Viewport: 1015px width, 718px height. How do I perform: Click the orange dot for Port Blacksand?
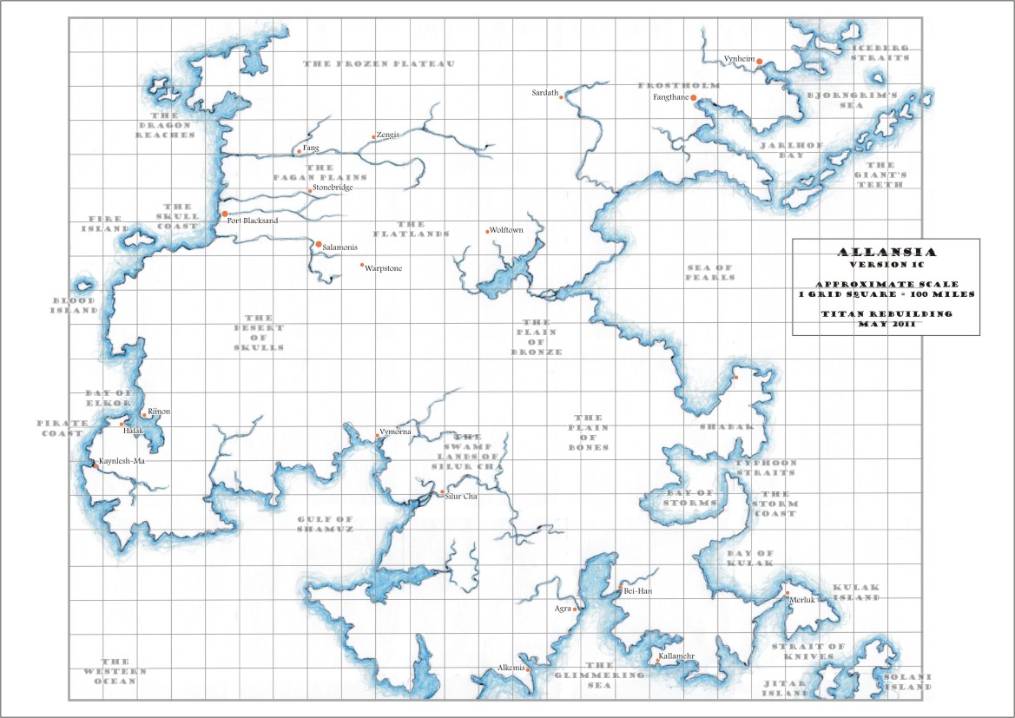point(225,213)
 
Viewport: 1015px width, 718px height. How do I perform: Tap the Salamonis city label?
point(340,248)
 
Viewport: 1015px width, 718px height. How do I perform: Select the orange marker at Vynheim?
point(759,62)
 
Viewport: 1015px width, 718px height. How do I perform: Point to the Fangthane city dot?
point(694,98)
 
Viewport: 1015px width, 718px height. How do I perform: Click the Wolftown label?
point(505,231)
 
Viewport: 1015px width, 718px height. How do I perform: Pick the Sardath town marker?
point(562,97)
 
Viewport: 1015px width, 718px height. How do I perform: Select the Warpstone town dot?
point(362,265)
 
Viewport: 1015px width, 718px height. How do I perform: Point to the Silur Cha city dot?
point(441,492)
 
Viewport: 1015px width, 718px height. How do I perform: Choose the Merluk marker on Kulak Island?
point(787,594)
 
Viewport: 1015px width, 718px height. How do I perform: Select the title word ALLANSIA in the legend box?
point(886,252)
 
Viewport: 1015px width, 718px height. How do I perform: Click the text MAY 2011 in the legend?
point(886,324)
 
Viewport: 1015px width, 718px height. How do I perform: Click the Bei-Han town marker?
point(619,590)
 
